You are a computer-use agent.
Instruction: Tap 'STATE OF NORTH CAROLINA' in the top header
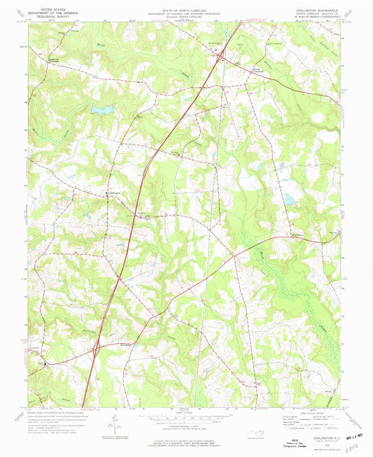[x=186, y=8]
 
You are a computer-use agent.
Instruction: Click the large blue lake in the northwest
[x=102, y=110]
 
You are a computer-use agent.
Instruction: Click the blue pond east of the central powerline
[x=288, y=201]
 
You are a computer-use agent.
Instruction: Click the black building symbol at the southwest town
[x=45, y=363]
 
